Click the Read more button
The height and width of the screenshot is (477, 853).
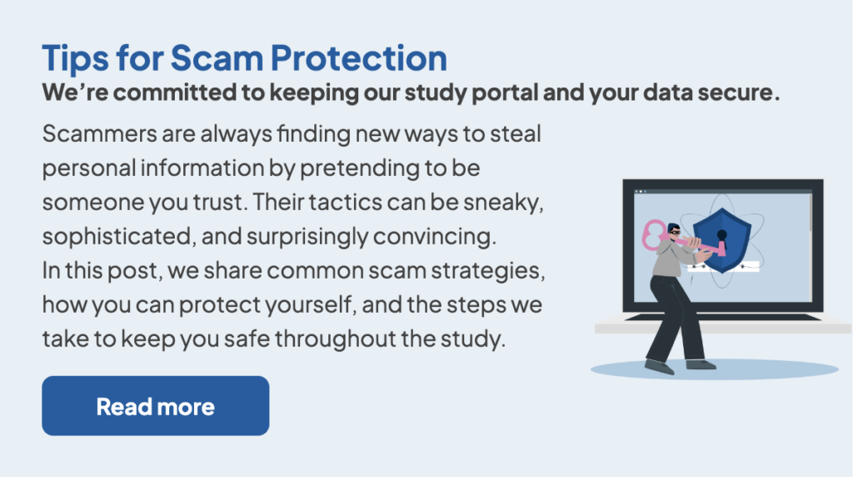[x=156, y=405]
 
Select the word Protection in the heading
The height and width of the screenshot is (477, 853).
[x=359, y=58]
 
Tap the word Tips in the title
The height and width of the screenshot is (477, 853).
[x=75, y=58]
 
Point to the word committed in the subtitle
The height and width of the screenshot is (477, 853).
[x=177, y=92]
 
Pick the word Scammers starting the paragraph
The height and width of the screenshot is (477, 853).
[x=100, y=133]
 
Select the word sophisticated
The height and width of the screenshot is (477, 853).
[x=117, y=237]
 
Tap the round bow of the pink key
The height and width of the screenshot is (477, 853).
[x=652, y=234]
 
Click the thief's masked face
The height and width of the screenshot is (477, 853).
[x=675, y=232]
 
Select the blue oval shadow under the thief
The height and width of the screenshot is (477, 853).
[x=715, y=369]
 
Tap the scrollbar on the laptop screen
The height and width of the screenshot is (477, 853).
[x=810, y=212]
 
